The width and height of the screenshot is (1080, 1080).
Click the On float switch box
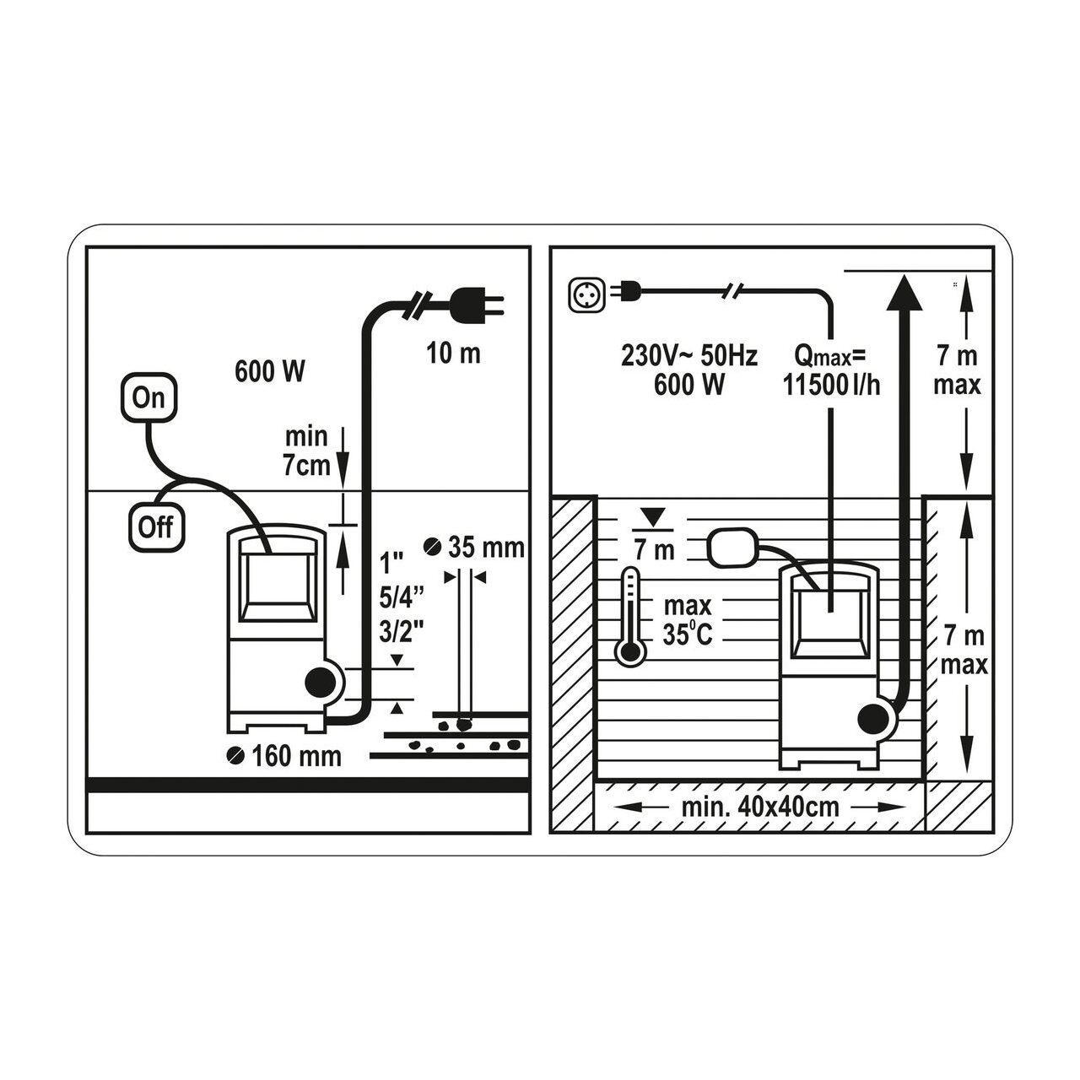point(148,397)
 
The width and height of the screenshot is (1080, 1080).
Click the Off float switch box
point(156,527)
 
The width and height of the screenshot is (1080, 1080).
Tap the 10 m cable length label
point(453,354)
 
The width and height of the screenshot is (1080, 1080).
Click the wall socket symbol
point(586,294)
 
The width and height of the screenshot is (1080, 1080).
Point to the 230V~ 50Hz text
point(688,356)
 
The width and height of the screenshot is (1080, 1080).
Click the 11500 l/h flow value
point(831,385)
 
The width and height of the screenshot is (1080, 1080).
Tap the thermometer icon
point(630,617)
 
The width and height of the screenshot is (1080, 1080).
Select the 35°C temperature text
point(687,635)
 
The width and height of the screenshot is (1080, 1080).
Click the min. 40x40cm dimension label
point(760,807)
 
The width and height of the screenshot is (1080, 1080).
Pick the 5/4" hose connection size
point(401,598)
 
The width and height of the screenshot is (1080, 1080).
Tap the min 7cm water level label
point(306,451)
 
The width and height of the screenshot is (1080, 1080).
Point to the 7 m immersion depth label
point(654,550)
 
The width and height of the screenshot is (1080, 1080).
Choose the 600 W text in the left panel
point(270,371)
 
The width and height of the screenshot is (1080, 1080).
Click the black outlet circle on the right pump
point(872,721)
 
